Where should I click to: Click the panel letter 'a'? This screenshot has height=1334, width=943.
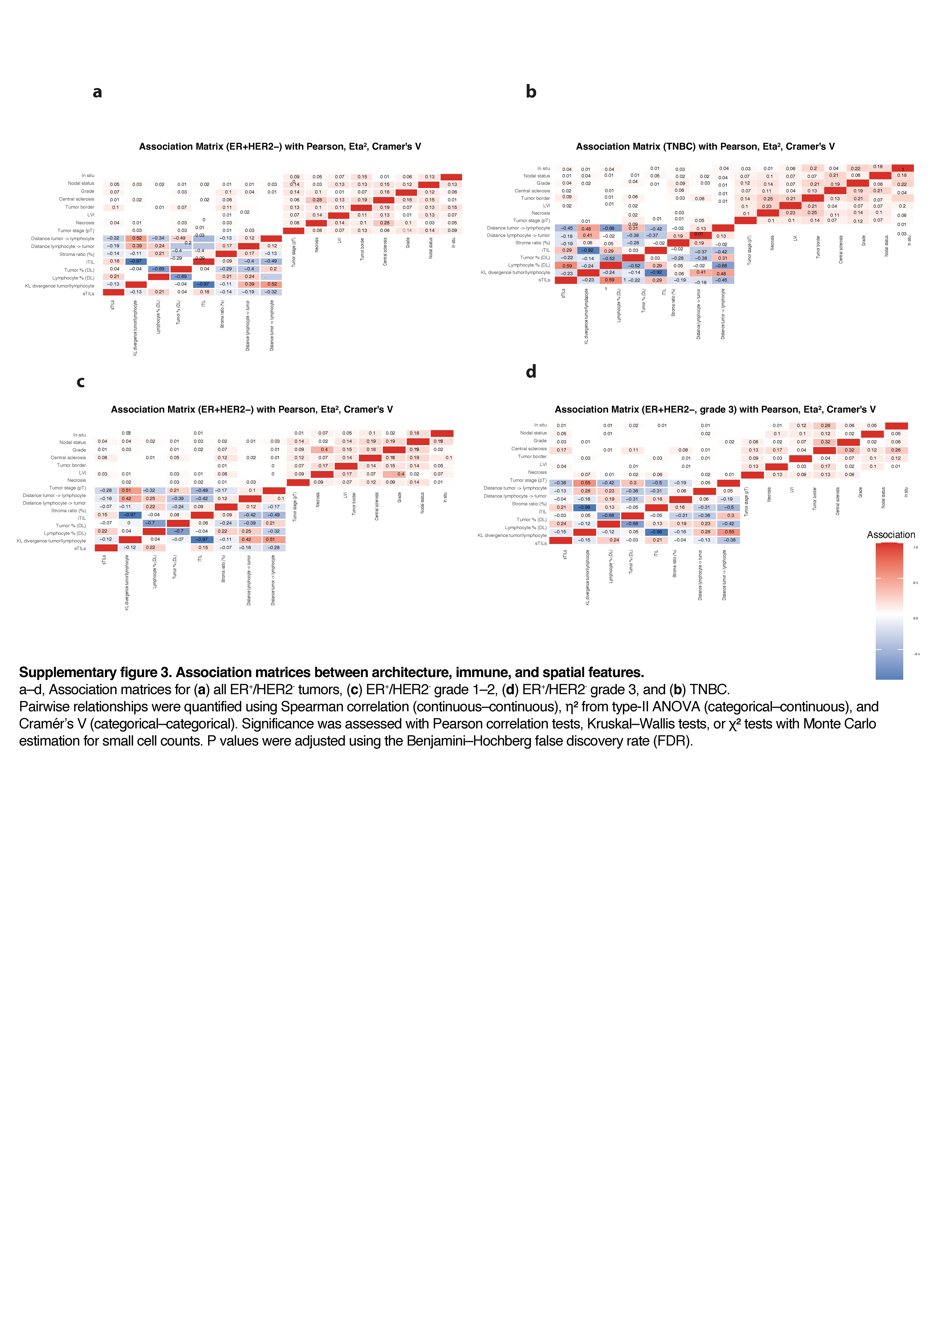click(97, 92)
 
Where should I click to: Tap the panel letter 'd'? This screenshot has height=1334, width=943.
click(531, 372)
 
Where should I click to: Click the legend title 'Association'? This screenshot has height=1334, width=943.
click(891, 534)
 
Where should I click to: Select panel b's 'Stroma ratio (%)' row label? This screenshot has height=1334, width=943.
click(532, 243)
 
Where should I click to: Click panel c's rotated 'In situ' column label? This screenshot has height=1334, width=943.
click(445, 497)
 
